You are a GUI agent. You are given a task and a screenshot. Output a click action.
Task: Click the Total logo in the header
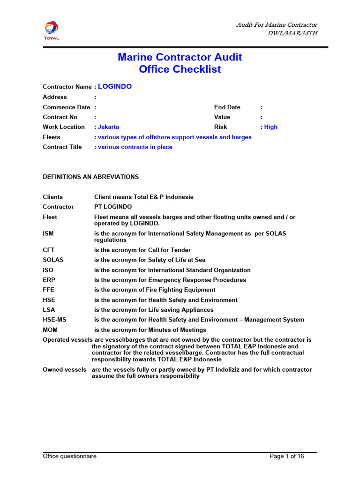(x=52, y=30)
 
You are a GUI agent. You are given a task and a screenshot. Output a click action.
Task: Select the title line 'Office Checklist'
(x=180, y=69)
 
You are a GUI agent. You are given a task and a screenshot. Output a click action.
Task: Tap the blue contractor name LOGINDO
(x=115, y=87)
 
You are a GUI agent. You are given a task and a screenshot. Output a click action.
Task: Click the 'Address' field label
(x=55, y=97)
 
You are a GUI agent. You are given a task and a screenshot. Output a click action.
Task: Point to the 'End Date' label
(x=227, y=107)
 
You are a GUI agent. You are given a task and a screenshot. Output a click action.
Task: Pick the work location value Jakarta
(x=108, y=127)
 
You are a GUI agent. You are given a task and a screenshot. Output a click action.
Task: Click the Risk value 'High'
(x=270, y=127)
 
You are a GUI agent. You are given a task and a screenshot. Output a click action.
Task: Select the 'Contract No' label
(x=60, y=117)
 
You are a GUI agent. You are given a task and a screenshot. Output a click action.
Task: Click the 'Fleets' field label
(x=52, y=137)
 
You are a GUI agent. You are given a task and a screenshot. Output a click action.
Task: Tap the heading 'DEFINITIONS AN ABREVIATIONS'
(x=90, y=177)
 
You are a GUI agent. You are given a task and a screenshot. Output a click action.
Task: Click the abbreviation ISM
(x=48, y=233)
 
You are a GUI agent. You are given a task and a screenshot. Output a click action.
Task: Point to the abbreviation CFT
(x=49, y=250)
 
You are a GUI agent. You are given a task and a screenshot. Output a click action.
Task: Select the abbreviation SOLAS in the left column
(x=53, y=260)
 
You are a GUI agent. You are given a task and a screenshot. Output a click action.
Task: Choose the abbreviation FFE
(x=49, y=290)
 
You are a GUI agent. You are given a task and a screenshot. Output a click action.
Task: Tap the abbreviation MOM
(x=50, y=330)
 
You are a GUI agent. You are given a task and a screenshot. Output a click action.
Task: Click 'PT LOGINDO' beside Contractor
(x=113, y=207)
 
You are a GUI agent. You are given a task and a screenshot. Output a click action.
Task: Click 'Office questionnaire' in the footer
(x=69, y=456)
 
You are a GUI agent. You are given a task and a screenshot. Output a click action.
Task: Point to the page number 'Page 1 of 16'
(x=287, y=456)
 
